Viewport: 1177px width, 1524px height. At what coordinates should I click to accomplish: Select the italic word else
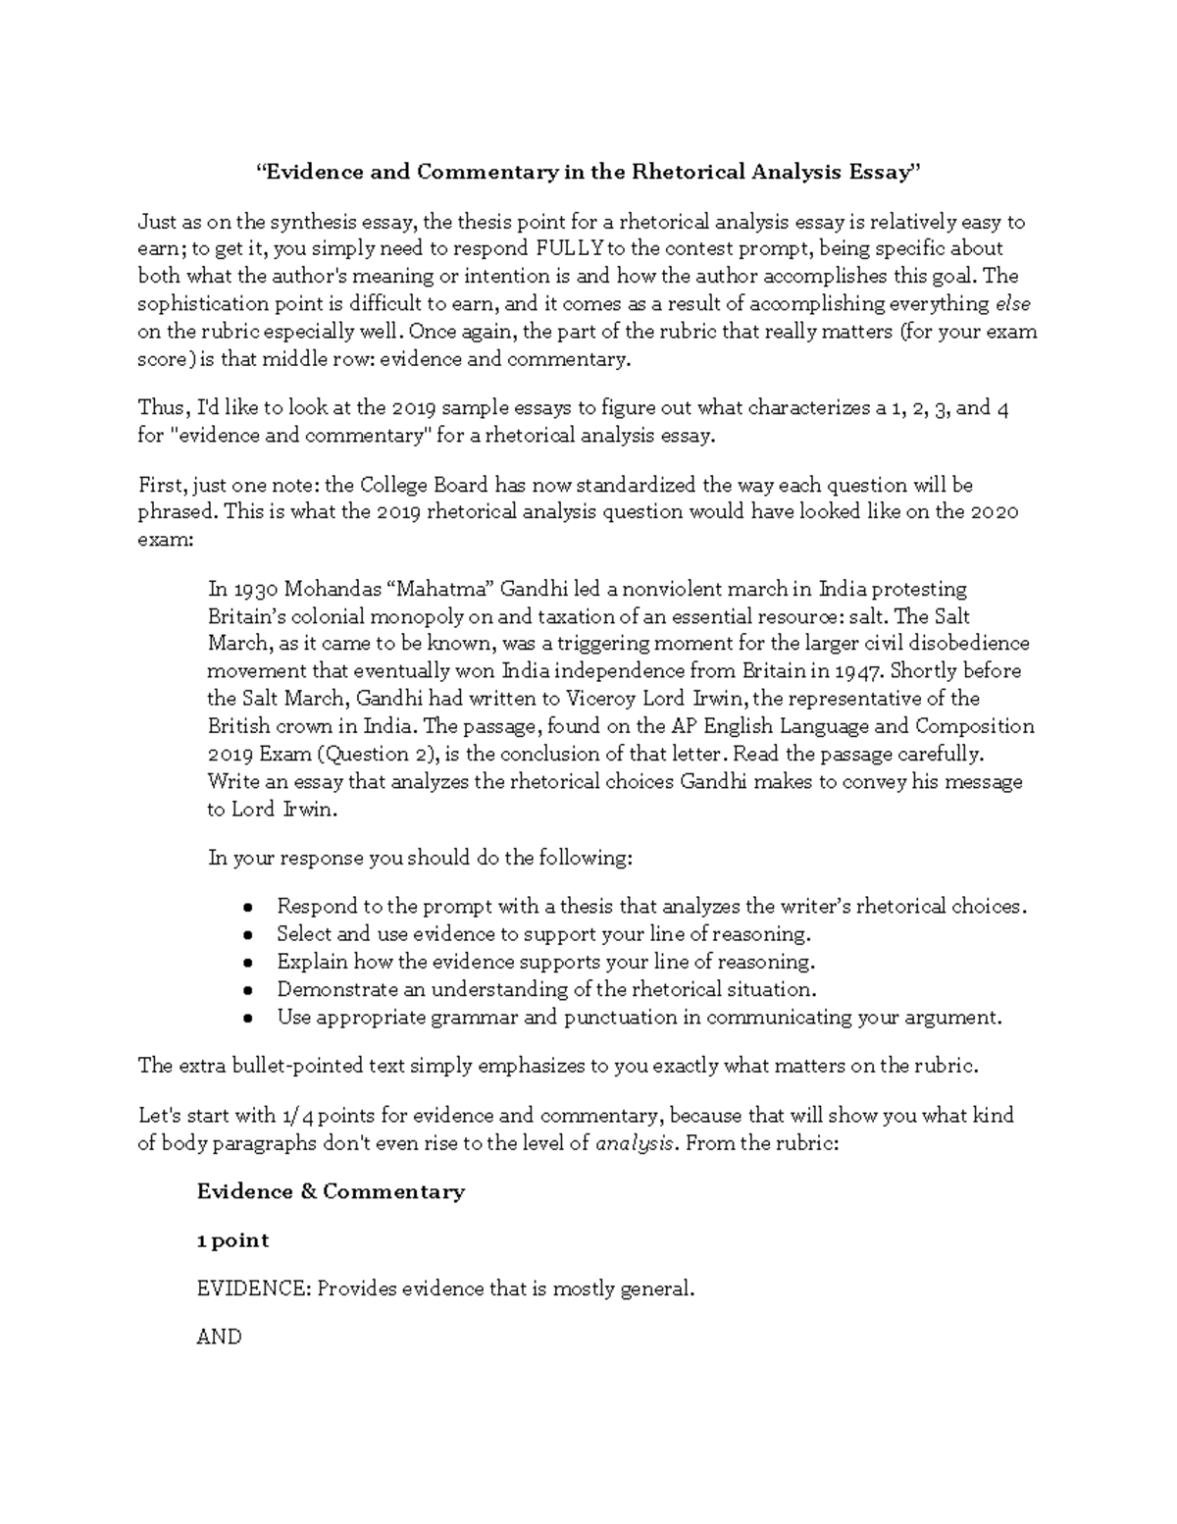tap(1013, 304)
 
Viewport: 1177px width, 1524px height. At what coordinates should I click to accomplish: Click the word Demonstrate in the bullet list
tap(324, 990)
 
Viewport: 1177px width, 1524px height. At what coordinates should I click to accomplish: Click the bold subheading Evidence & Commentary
tap(331, 1192)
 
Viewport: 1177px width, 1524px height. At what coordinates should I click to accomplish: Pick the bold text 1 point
tap(232, 1240)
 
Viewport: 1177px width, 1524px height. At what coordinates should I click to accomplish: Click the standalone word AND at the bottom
tap(219, 1337)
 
